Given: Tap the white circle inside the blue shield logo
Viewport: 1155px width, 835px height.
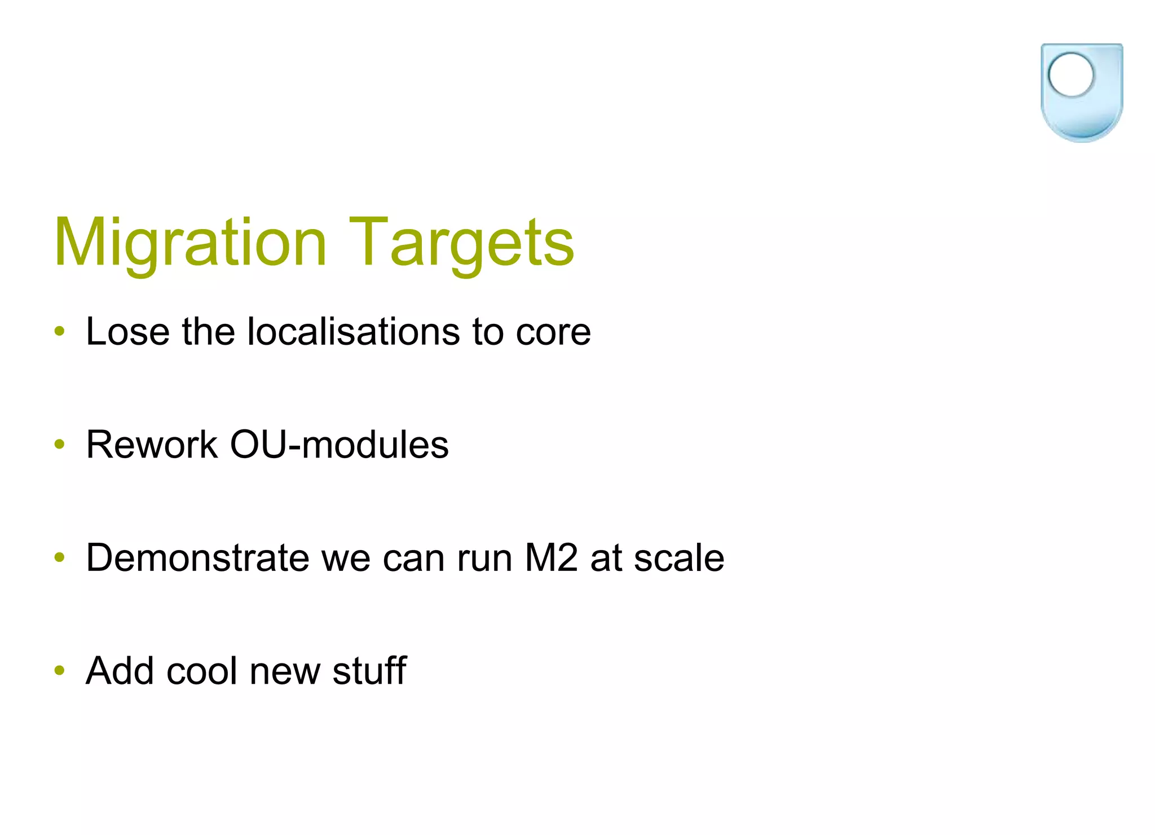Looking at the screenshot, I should (x=1070, y=75).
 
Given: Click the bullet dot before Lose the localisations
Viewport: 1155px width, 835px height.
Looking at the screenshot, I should (x=60, y=331).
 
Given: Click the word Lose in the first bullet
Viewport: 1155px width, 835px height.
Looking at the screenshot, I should (x=127, y=331).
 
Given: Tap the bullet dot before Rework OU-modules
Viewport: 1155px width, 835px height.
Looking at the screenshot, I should (x=60, y=445).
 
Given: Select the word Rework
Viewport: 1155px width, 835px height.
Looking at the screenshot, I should (x=152, y=445).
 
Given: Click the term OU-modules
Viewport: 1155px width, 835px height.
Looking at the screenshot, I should (x=339, y=445).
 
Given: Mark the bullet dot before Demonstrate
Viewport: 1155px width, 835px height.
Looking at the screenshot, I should (x=60, y=558).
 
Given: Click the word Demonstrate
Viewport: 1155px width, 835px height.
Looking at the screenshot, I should (x=197, y=558).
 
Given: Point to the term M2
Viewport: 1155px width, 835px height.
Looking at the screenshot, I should (x=551, y=558).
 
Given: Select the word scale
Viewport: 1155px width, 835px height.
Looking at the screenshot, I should (x=679, y=558).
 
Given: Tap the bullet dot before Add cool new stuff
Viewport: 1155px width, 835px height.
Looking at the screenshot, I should (x=60, y=671).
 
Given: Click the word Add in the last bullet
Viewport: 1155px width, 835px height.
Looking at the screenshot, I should (x=120, y=671).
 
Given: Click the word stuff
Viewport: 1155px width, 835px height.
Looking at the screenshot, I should (x=369, y=671).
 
